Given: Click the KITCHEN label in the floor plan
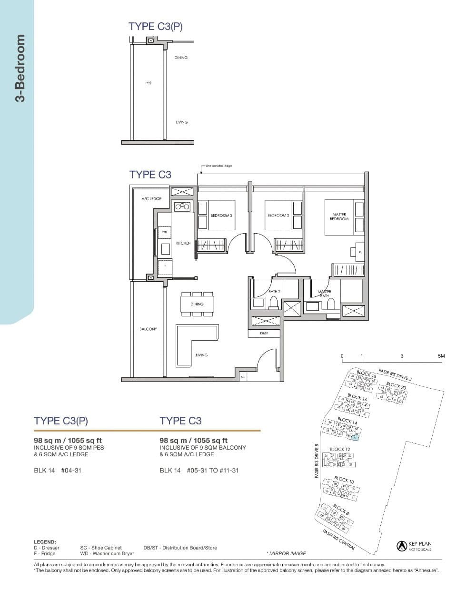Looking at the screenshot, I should click(x=183, y=243).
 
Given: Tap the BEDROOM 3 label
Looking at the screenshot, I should click(x=221, y=216).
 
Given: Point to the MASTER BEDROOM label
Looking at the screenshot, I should click(x=339, y=216).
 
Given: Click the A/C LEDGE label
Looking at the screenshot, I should click(x=151, y=199).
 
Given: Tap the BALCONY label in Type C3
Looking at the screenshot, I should click(x=148, y=329).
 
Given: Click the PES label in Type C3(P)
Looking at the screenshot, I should click(x=148, y=83).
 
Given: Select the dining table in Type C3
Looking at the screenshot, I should click(x=197, y=304).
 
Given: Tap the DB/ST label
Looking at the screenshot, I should click(x=264, y=334).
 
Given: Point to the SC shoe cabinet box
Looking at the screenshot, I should click(x=243, y=376).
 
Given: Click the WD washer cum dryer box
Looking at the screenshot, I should click(x=165, y=232).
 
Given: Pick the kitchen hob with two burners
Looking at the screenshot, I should click(x=182, y=206).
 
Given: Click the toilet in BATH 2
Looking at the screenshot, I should click(x=274, y=302).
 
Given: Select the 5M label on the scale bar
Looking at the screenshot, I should click(x=441, y=356).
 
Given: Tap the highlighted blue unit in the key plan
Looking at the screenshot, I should click(x=355, y=437).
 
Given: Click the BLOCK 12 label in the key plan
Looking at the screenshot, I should click(x=340, y=449).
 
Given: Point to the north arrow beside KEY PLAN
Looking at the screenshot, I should click(x=401, y=546).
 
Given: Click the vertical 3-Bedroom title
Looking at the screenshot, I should click(x=20, y=69).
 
